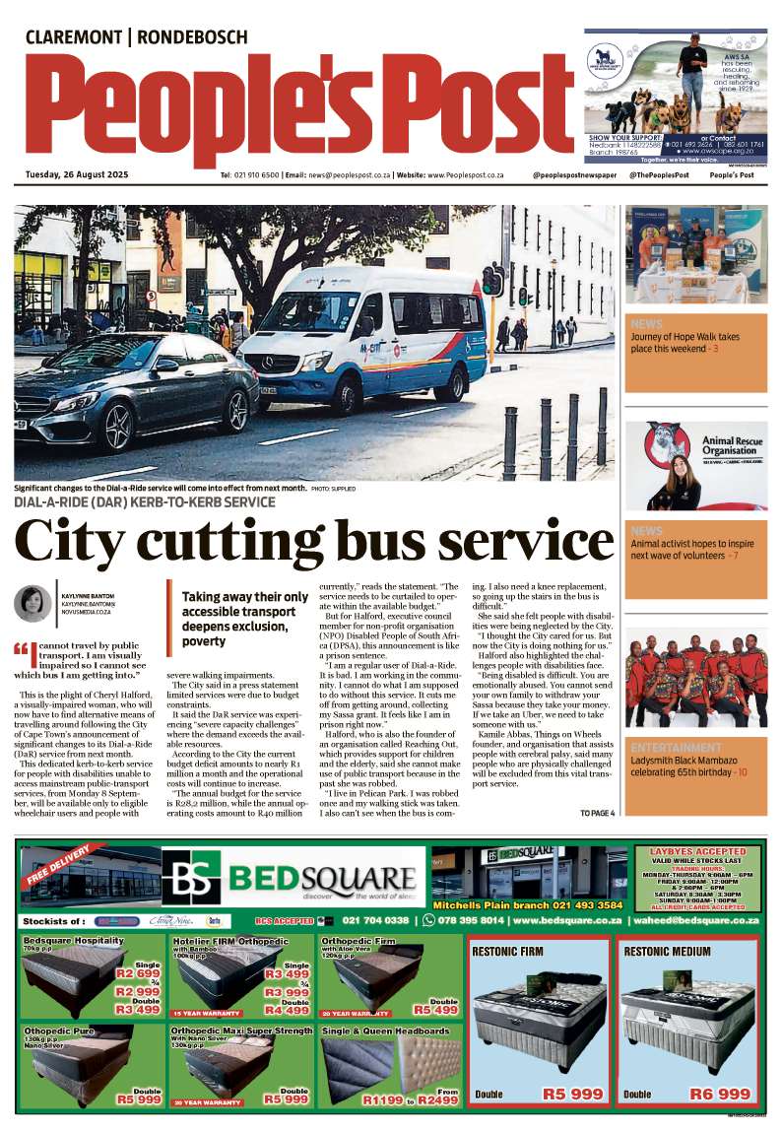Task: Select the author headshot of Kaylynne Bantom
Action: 33,603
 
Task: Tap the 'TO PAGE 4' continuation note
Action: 597,813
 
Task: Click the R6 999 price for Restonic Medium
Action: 719,1094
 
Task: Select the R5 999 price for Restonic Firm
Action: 572,1094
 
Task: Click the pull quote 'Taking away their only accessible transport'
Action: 245,619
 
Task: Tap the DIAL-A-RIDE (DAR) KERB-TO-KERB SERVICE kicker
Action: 145,502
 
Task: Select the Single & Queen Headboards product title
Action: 385,1031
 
